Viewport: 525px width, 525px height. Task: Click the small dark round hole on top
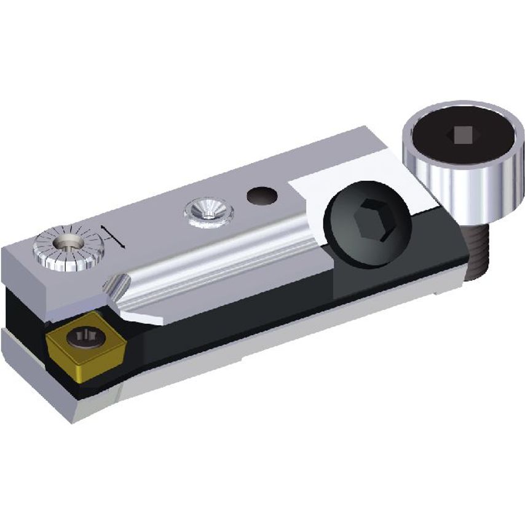[x=261, y=195]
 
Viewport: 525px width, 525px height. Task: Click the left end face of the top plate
[x=28, y=280]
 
